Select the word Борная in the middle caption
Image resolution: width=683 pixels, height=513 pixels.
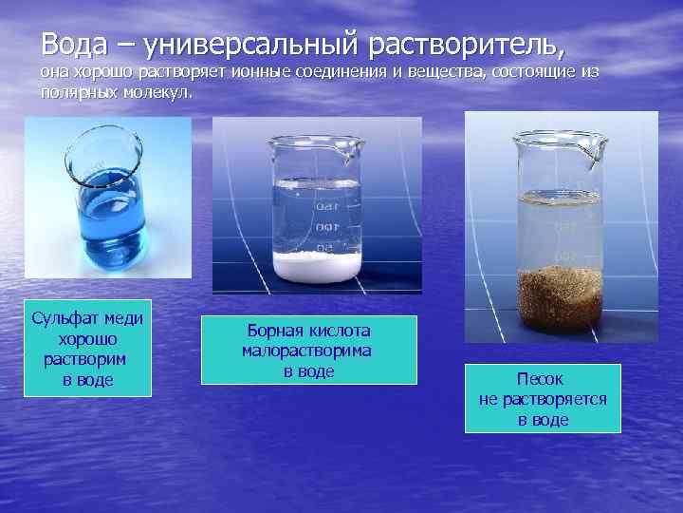click(x=275, y=331)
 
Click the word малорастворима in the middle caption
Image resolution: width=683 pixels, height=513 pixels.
click(x=306, y=351)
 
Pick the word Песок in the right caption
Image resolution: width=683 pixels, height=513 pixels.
click(x=544, y=379)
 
